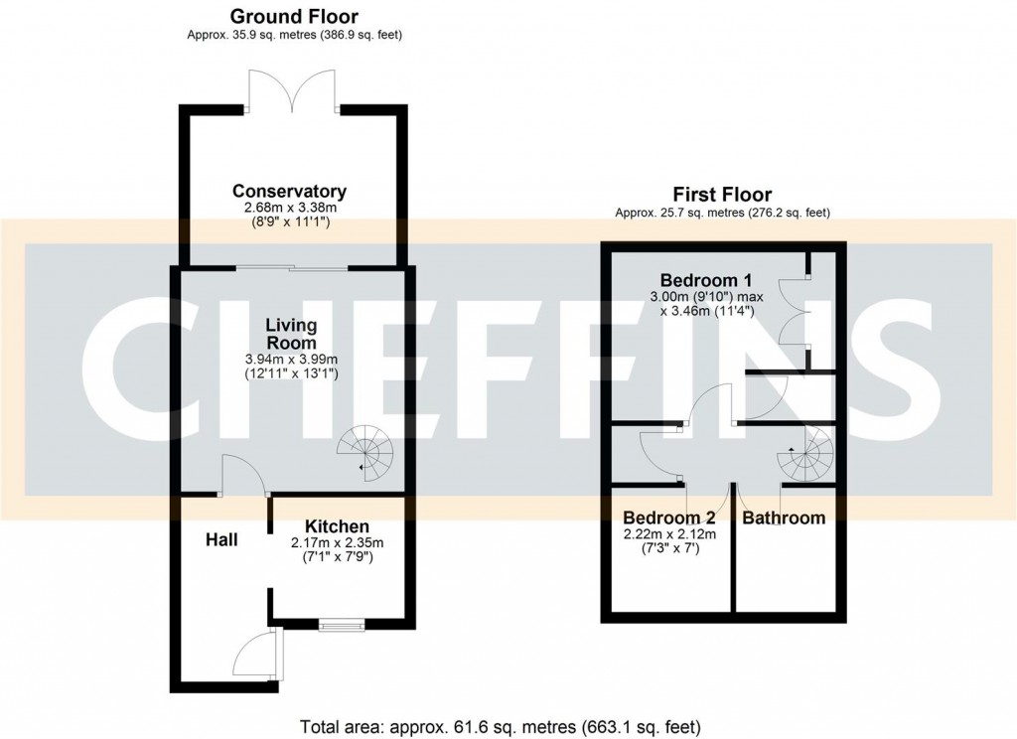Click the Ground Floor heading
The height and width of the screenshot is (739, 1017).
pos(294,17)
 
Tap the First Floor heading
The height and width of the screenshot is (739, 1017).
pos(722,195)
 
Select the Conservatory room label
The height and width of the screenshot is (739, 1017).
pos(289,191)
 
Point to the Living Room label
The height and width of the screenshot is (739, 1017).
pos(290,334)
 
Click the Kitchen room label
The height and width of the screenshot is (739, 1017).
pos(337,526)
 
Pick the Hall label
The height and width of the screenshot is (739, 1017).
pos(220,539)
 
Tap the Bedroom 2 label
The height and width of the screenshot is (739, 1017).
pos(668,517)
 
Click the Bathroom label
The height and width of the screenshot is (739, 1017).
pos(784,517)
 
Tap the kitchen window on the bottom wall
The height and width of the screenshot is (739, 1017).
pos(341,625)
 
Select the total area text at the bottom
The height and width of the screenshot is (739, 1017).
pos(508,726)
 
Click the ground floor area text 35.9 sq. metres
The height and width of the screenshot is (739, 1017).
pos(294,35)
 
